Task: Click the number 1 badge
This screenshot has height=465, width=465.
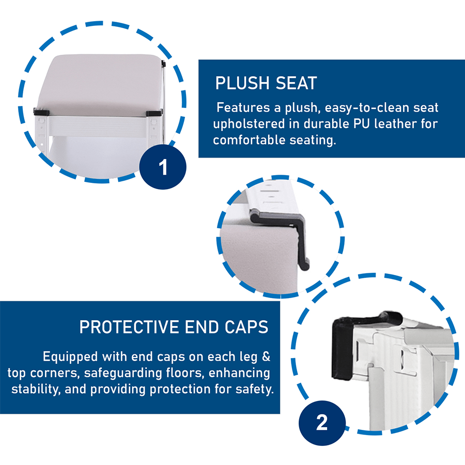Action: point(163,167)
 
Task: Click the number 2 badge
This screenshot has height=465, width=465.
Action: point(322,423)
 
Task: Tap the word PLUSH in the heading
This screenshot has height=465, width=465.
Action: point(243,83)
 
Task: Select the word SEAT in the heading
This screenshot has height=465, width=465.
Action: point(296,83)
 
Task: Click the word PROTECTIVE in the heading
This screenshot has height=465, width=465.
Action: point(129,327)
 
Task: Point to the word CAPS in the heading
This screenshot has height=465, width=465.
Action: point(246,327)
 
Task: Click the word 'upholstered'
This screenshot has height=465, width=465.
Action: point(249,124)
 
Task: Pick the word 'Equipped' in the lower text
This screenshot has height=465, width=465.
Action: point(70,357)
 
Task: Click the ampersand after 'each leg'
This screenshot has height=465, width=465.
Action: point(266,357)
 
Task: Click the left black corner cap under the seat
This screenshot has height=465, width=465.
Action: point(41,113)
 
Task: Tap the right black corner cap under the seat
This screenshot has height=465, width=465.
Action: point(154,113)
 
